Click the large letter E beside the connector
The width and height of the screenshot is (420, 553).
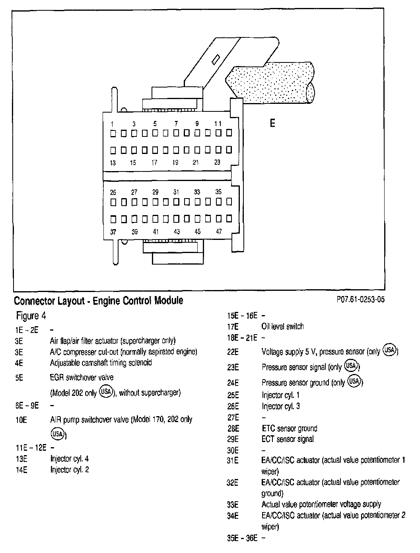(272, 123)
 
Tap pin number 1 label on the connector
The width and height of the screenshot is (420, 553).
(113, 124)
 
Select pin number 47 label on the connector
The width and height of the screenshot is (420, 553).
(218, 232)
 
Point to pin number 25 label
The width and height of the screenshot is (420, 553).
(113, 192)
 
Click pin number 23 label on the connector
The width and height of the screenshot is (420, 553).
(217, 162)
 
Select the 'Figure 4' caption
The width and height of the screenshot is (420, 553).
(31, 316)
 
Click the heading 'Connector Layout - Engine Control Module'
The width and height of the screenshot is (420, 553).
(99, 301)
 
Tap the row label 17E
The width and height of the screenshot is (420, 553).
(233, 327)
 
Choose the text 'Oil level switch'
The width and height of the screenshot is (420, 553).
(282, 327)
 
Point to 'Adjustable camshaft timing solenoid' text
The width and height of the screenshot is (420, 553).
(101, 363)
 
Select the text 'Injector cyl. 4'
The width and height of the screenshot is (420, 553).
(69, 459)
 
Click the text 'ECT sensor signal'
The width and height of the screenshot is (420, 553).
(288, 439)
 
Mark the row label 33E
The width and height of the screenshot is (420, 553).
(233, 504)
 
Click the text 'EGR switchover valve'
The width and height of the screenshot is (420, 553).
(82, 377)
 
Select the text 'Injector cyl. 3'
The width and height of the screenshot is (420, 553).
(280, 406)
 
